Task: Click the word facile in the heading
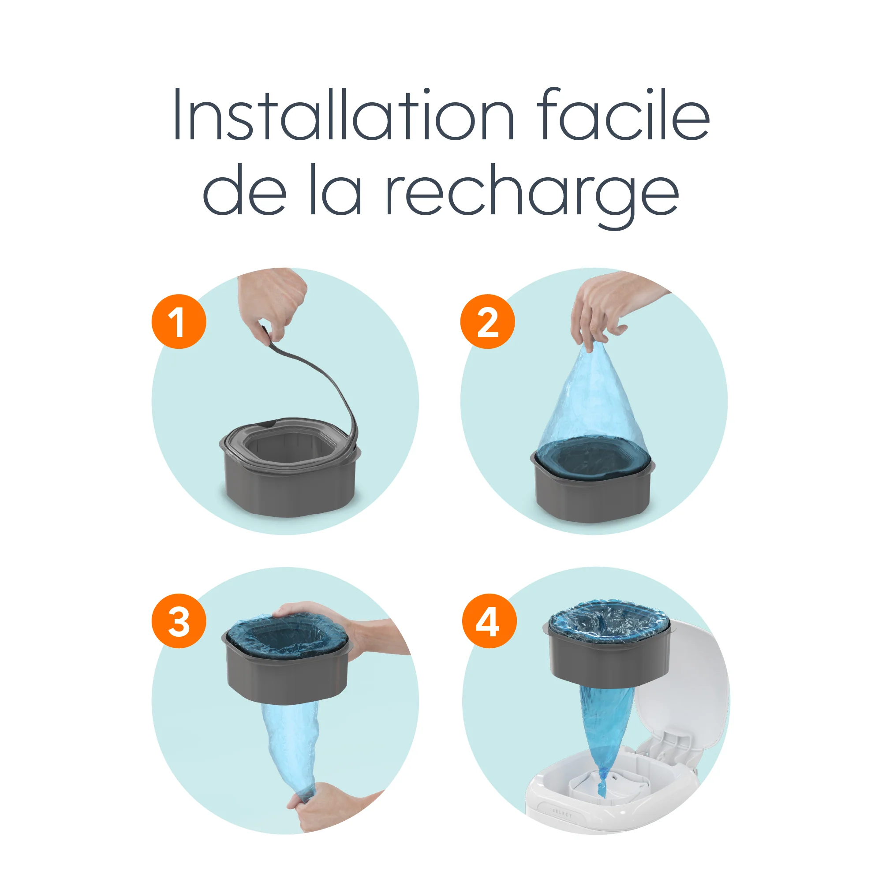(623, 114)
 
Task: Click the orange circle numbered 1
(179, 322)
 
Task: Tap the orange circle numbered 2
(487, 322)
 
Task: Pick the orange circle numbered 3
(179, 621)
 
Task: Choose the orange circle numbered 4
(489, 621)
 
